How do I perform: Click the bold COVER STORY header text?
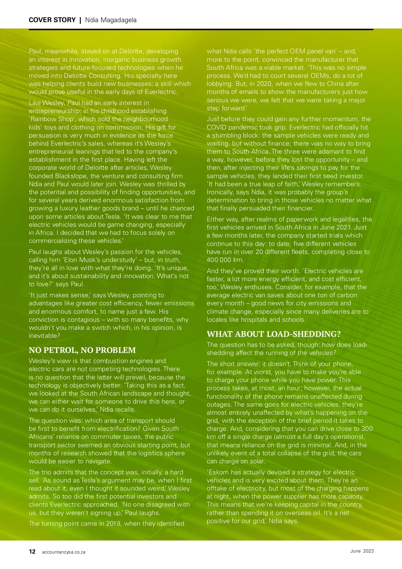click(x=52, y=20)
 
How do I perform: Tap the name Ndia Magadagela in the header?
click(x=111, y=20)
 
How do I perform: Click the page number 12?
click(x=32, y=552)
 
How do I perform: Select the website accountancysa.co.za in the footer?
click(x=64, y=552)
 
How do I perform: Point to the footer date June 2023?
click(x=362, y=551)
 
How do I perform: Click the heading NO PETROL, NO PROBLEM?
click(x=82, y=350)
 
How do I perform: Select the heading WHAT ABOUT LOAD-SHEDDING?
click(x=274, y=334)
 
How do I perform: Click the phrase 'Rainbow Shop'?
click(x=52, y=119)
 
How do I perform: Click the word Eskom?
click(x=219, y=472)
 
